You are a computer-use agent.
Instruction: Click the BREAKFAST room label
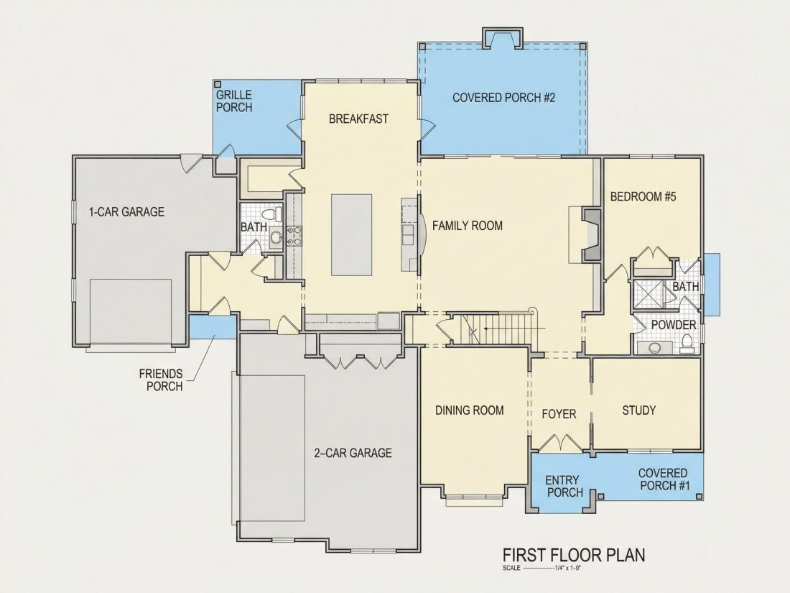[358, 119]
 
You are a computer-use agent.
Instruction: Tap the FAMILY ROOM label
[467, 226]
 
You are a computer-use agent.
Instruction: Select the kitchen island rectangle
[352, 234]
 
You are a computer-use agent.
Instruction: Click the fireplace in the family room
[592, 234]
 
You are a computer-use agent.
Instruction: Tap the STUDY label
[639, 410]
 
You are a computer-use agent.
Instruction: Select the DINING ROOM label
[469, 410]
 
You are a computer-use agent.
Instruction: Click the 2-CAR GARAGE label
[353, 453]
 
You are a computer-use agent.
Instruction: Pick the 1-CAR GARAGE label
[126, 212]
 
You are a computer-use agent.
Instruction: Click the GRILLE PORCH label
[234, 101]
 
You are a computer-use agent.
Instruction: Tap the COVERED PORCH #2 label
[503, 97]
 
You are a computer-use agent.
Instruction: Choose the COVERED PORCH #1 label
[664, 479]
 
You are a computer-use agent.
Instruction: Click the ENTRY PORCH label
[564, 486]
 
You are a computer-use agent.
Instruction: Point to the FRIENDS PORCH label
[161, 380]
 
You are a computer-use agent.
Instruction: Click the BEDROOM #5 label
[643, 196]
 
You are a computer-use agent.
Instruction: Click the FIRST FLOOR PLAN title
[574, 555]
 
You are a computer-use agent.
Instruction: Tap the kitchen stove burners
[294, 236]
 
